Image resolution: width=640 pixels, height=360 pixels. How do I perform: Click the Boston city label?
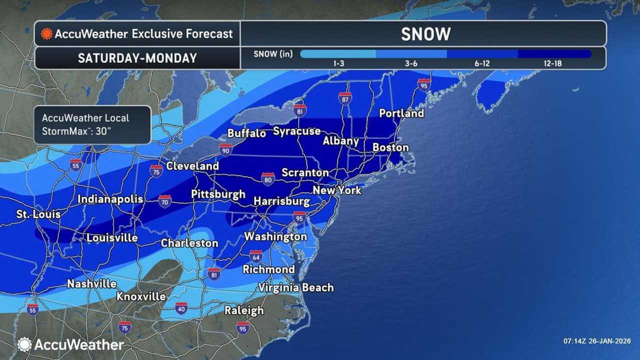(x=390, y=147)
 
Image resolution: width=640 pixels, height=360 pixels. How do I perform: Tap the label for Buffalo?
(x=246, y=133)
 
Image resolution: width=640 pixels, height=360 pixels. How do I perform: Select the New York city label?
(x=336, y=190)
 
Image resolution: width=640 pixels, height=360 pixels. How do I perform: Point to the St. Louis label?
(x=38, y=214)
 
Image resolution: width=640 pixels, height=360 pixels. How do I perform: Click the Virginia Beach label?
(x=295, y=287)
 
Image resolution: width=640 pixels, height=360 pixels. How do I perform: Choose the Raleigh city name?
(x=244, y=310)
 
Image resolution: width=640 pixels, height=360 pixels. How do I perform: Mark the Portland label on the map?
(x=401, y=113)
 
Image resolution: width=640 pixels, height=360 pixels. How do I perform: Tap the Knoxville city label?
(x=141, y=296)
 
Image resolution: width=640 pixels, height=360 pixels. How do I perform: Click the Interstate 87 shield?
(x=344, y=98)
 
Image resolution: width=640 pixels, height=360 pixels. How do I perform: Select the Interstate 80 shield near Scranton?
(x=268, y=178)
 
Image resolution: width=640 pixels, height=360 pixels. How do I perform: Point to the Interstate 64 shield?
(x=256, y=256)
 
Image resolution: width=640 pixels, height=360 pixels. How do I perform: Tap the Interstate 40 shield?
(x=181, y=307)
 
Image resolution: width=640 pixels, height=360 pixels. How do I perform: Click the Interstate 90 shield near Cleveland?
(x=225, y=149)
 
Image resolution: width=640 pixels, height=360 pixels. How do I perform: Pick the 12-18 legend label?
(x=554, y=63)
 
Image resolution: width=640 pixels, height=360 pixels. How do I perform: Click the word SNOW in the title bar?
(x=425, y=34)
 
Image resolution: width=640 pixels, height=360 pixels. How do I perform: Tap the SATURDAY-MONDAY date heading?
(x=137, y=58)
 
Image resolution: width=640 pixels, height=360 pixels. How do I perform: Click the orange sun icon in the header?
(x=47, y=34)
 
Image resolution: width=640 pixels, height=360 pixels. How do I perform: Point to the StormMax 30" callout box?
(x=92, y=124)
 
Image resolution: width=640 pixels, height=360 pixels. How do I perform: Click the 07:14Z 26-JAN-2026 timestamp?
(x=596, y=341)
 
